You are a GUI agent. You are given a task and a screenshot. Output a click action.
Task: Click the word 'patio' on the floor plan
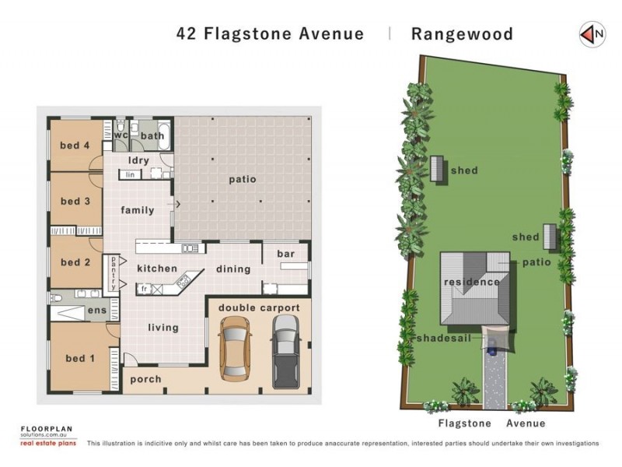point(242,180)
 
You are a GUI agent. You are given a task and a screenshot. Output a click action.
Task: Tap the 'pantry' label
point(114,272)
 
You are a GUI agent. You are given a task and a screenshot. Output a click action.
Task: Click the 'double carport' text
point(259,308)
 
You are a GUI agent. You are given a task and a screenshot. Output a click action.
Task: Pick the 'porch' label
point(146,379)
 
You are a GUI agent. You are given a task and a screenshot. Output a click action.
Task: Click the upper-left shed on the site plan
point(437,168)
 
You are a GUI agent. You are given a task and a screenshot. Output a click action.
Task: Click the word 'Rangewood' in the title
point(462,33)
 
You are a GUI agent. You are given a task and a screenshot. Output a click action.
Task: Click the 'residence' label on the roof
point(471,282)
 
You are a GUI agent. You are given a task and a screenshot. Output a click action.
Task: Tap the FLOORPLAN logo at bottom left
point(47,429)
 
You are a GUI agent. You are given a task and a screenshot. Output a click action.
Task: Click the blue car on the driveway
point(492,349)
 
